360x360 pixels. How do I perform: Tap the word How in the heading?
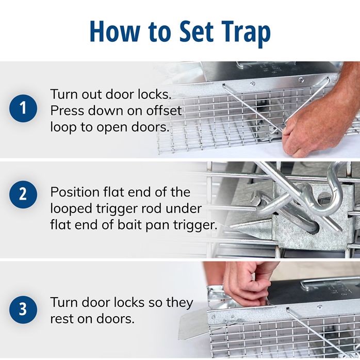tap(115, 31)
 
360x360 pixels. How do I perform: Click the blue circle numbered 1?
tap(23, 108)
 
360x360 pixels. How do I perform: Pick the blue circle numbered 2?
tap(23, 194)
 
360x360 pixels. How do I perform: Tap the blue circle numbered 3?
tap(23, 309)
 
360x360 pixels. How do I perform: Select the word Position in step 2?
tap(75, 192)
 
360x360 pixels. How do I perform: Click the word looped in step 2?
tap(71, 209)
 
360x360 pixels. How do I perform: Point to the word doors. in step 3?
tap(115, 318)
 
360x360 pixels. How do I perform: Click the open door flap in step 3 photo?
tap(194, 324)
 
